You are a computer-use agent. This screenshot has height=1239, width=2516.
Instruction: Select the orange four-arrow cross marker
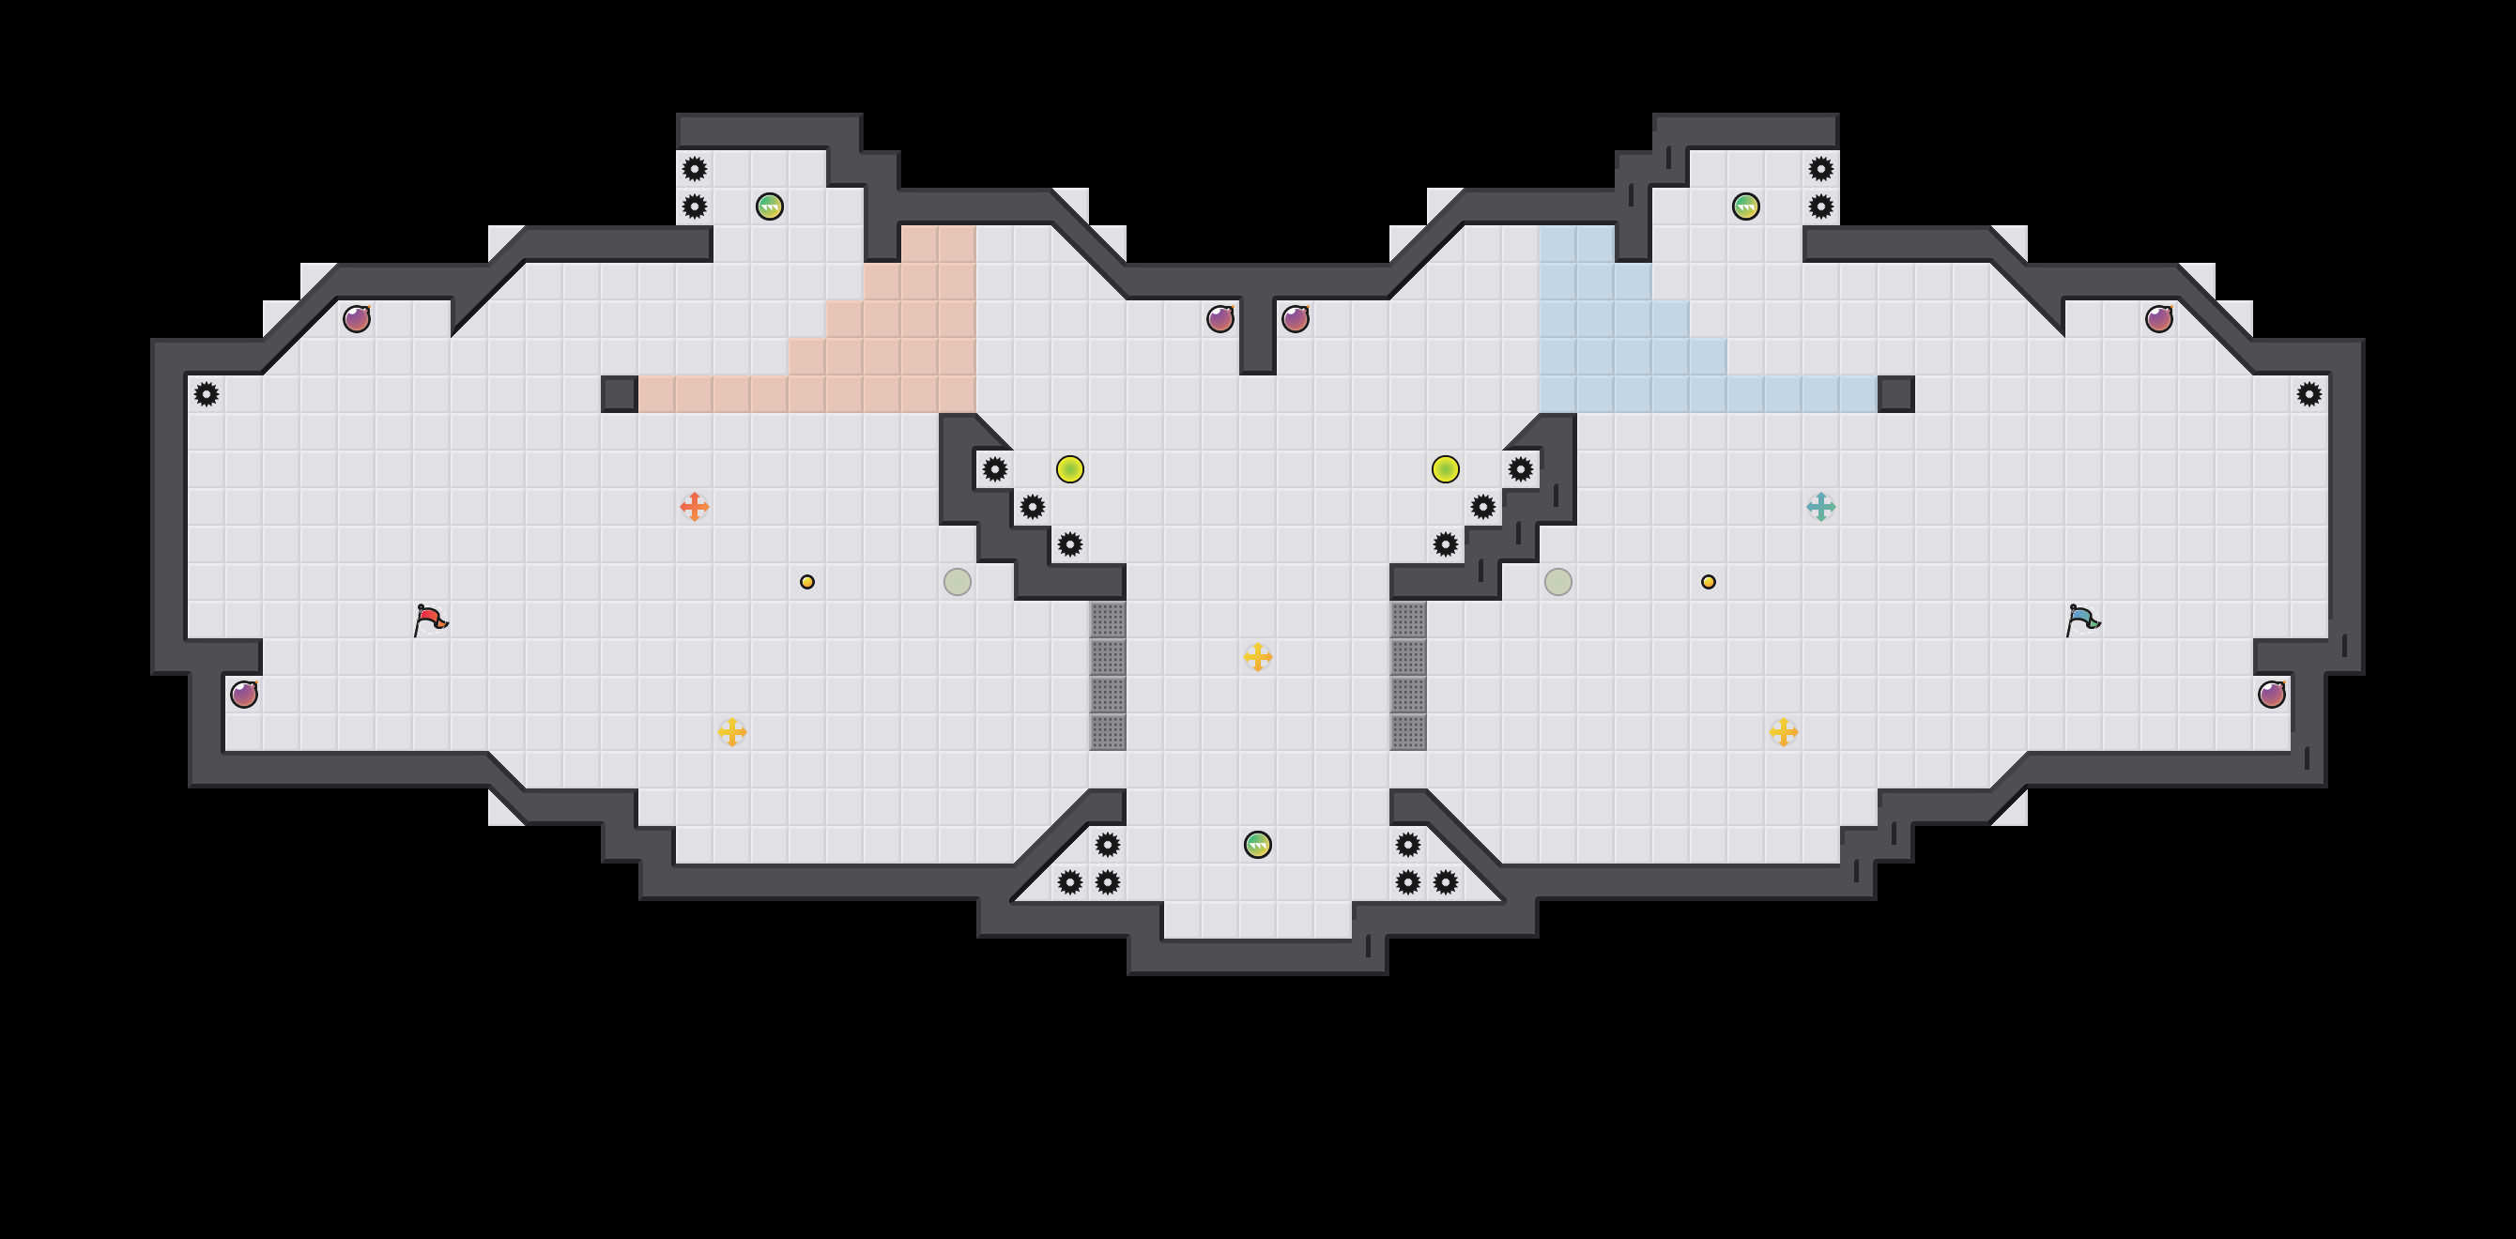pos(695,507)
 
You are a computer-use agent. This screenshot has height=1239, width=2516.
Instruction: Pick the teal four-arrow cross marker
pos(1820,507)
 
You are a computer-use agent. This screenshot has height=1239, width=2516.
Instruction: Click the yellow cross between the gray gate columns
pos(1258,657)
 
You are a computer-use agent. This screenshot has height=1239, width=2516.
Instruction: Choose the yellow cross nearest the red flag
pos(731,732)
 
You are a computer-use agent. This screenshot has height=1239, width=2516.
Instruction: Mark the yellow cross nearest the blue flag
pos(1784,732)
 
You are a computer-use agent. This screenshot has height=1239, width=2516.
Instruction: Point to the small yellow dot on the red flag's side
pos(806,582)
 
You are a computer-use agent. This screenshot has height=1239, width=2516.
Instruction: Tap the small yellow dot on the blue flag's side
pos(1709,582)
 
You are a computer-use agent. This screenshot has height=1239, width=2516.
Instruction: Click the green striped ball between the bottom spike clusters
pos(1258,845)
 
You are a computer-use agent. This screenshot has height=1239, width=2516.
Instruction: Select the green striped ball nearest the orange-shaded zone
pos(770,206)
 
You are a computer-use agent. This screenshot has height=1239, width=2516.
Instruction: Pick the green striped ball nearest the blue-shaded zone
pos(1745,206)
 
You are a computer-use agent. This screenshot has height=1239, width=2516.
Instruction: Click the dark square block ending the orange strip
pos(620,394)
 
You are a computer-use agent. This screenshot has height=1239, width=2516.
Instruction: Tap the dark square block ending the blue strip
pos(1895,394)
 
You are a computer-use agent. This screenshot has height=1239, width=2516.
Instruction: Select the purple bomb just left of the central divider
pos(1220,319)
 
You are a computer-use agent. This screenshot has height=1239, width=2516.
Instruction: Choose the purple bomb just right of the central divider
pos(1296,319)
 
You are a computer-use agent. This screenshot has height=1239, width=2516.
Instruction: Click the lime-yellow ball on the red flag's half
pos(1069,469)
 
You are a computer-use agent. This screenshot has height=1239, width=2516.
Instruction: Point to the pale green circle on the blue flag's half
pos(1557,582)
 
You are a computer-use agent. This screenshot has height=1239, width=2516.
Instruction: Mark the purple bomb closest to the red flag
pos(244,695)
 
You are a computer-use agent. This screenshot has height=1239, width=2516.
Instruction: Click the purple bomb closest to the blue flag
pos(2272,695)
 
